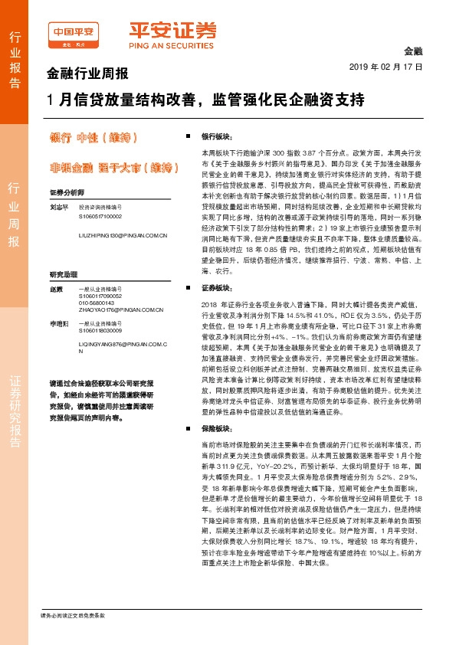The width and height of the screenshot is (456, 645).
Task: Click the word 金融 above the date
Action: point(413,51)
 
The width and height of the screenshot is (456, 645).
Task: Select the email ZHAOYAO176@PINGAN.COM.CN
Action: point(116,310)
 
